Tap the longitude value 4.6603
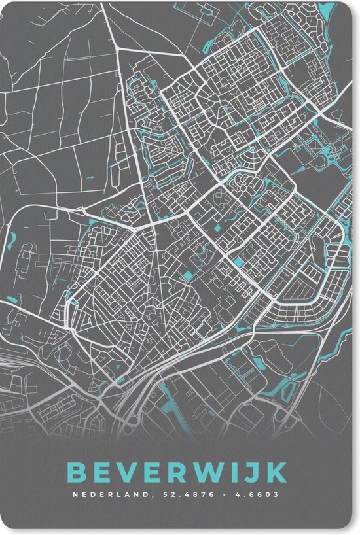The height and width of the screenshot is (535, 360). tap(257, 494)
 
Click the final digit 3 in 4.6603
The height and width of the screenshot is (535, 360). tap(275, 494)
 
